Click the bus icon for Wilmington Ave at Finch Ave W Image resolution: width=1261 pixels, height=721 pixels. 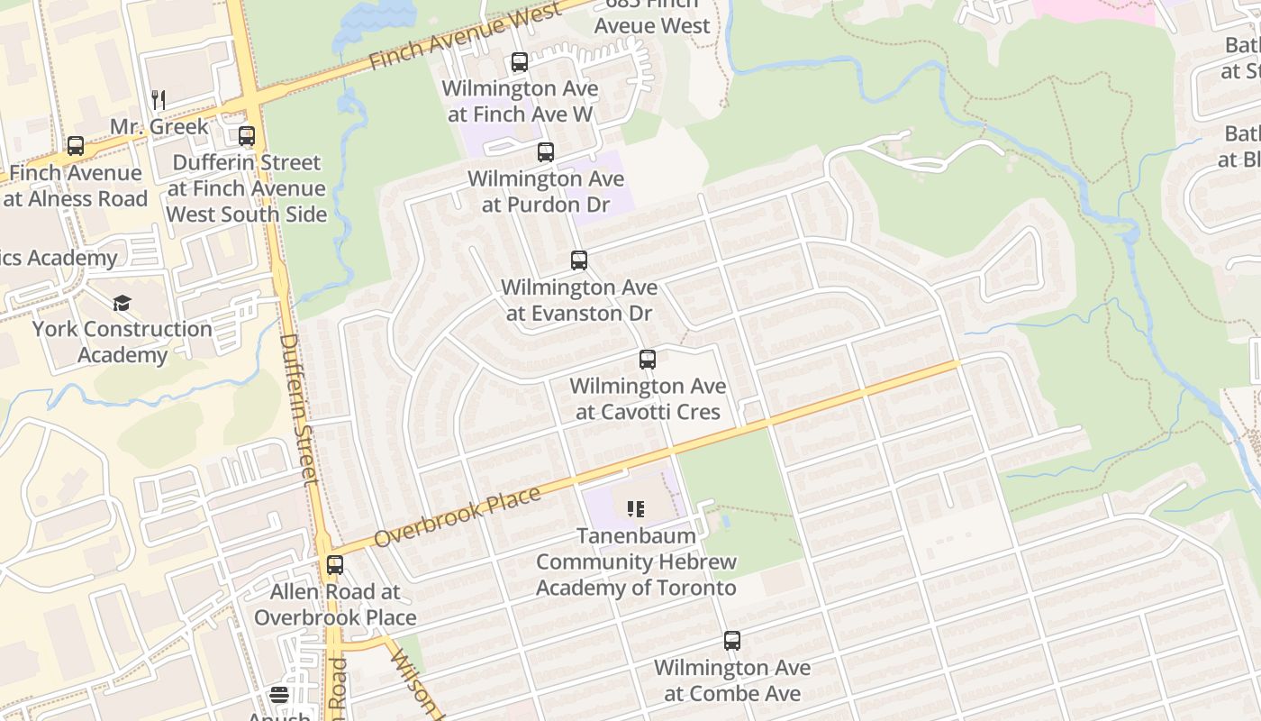(x=520, y=62)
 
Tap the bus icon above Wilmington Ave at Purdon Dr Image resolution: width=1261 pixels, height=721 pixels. (x=546, y=152)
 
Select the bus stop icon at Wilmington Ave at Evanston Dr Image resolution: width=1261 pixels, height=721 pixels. (x=579, y=260)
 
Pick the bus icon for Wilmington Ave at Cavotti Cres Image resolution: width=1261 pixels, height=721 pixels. (x=648, y=360)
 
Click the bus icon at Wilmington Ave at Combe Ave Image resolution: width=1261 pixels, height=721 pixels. (x=732, y=641)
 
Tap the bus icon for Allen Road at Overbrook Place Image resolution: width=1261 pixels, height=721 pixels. (x=335, y=565)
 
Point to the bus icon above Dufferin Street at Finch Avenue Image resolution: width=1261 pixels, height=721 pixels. (x=247, y=136)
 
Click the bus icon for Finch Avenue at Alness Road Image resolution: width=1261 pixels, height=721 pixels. (x=76, y=146)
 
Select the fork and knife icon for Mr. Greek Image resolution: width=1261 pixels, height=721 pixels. (x=159, y=99)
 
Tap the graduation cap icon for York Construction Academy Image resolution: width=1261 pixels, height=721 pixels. (x=122, y=303)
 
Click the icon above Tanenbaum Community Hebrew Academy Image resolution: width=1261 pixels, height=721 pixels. (x=636, y=509)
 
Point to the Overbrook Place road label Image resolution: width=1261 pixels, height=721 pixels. (x=457, y=516)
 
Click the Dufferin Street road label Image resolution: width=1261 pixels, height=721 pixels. (x=300, y=410)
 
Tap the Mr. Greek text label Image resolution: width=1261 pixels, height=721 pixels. (x=159, y=126)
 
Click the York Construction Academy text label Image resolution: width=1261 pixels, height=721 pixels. (x=122, y=342)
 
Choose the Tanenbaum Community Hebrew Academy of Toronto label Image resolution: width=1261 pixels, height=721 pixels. (x=636, y=561)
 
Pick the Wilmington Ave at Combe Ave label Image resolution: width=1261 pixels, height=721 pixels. (x=732, y=680)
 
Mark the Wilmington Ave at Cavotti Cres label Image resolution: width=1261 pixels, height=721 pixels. (x=648, y=399)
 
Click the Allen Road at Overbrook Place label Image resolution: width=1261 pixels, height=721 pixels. (x=335, y=605)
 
